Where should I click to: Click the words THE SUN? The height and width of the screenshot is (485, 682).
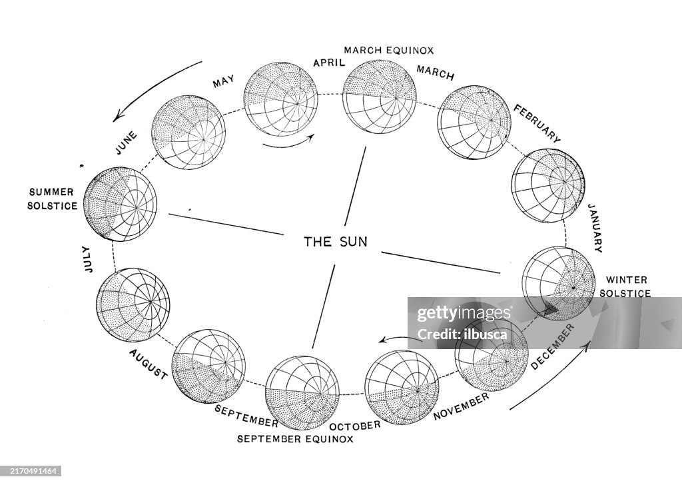[335, 241]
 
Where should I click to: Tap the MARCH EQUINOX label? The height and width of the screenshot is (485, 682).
[389, 50]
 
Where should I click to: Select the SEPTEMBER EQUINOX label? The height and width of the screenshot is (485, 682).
[296, 438]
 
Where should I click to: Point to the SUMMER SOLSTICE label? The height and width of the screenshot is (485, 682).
[51, 199]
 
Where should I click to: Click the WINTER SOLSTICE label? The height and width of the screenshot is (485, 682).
[625, 286]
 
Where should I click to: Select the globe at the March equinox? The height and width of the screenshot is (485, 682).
[380, 97]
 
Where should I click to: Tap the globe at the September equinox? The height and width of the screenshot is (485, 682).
[302, 391]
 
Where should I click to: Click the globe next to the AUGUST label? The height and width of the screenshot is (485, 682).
[208, 365]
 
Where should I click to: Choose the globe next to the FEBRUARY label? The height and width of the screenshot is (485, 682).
[474, 122]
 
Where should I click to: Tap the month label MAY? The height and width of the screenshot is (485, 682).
[224, 83]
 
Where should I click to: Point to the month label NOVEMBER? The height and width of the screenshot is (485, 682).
[461, 406]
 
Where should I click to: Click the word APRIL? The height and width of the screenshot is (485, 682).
[329, 63]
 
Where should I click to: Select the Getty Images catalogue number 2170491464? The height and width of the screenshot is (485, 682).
[31, 470]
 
